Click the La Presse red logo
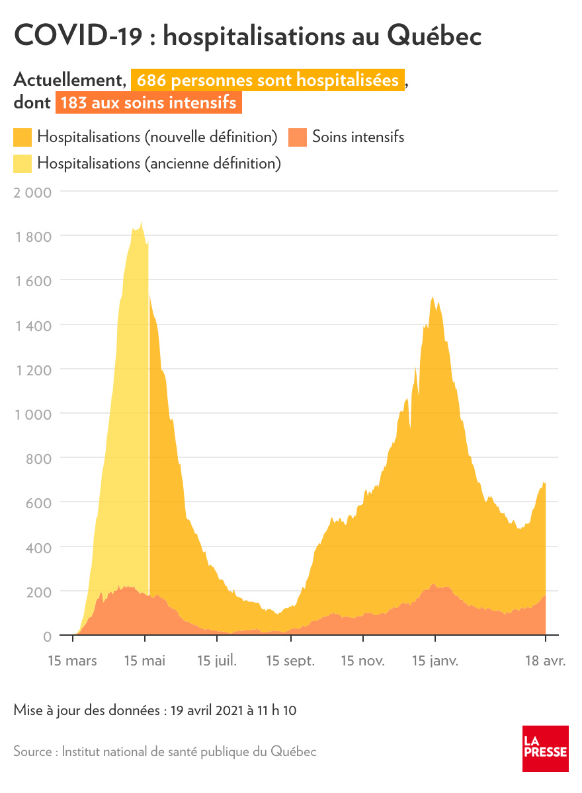[545, 748]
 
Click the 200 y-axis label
[39, 591]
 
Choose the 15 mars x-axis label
[73, 661]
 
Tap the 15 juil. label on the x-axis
[217, 661]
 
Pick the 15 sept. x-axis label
[290, 661]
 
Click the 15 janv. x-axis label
[435, 661]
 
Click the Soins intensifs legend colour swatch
[298, 137]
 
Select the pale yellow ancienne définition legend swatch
[22, 163]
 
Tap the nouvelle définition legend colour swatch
[22, 137]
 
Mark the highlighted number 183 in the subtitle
[73, 104]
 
